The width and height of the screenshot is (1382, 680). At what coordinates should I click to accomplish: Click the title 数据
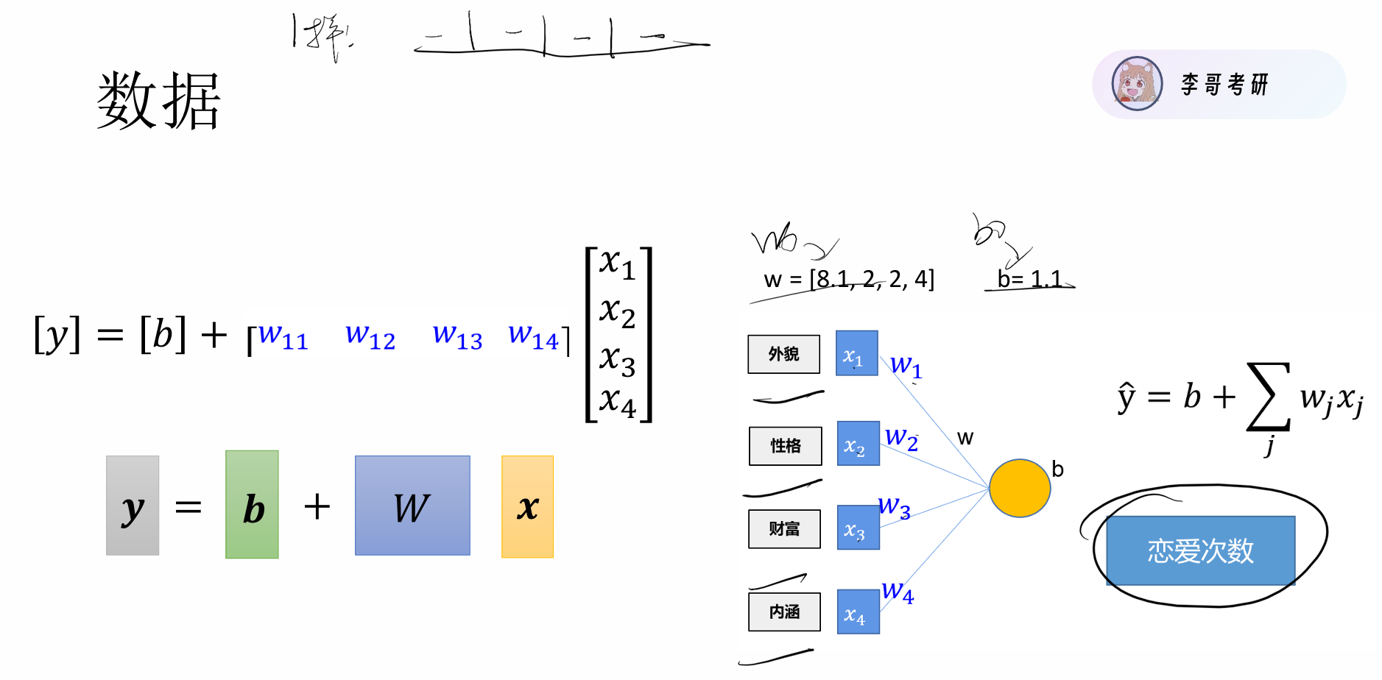pyautogui.click(x=158, y=101)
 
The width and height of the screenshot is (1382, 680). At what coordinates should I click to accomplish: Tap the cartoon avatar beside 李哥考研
pyautogui.click(x=1137, y=84)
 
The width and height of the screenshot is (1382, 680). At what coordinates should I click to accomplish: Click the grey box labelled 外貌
pyautogui.click(x=784, y=354)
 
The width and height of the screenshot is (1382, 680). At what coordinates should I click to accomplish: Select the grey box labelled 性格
pyautogui.click(x=785, y=445)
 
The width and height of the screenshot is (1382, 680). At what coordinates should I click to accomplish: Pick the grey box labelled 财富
pyautogui.click(x=784, y=528)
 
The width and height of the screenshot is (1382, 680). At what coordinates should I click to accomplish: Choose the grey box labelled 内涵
pyautogui.click(x=784, y=612)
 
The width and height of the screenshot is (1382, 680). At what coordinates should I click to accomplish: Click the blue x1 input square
pyautogui.click(x=856, y=353)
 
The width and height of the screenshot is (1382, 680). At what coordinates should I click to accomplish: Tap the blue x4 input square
pyautogui.click(x=858, y=612)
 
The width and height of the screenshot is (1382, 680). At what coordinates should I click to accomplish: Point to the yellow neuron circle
pyautogui.click(x=1019, y=488)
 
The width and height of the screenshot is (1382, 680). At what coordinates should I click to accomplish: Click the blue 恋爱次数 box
pyautogui.click(x=1200, y=550)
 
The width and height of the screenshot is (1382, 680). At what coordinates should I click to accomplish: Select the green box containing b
pyautogui.click(x=252, y=505)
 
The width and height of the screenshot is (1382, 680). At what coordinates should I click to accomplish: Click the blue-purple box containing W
pyautogui.click(x=412, y=506)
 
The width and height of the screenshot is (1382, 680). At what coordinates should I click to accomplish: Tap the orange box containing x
pyautogui.click(x=527, y=506)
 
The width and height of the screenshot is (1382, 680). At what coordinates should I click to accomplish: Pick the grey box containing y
pyautogui.click(x=133, y=506)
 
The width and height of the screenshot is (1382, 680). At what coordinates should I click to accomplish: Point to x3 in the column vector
pyautogui.click(x=617, y=359)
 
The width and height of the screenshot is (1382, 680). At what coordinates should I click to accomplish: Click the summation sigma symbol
pyautogui.click(x=1268, y=397)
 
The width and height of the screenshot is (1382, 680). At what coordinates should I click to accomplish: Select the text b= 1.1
pyautogui.click(x=1029, y=279)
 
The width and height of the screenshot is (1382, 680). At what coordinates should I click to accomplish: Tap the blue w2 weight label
pyautogui.click(x=901, y=438)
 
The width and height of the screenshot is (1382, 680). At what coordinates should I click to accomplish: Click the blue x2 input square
pyautogui.click(x=859, y=444)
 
